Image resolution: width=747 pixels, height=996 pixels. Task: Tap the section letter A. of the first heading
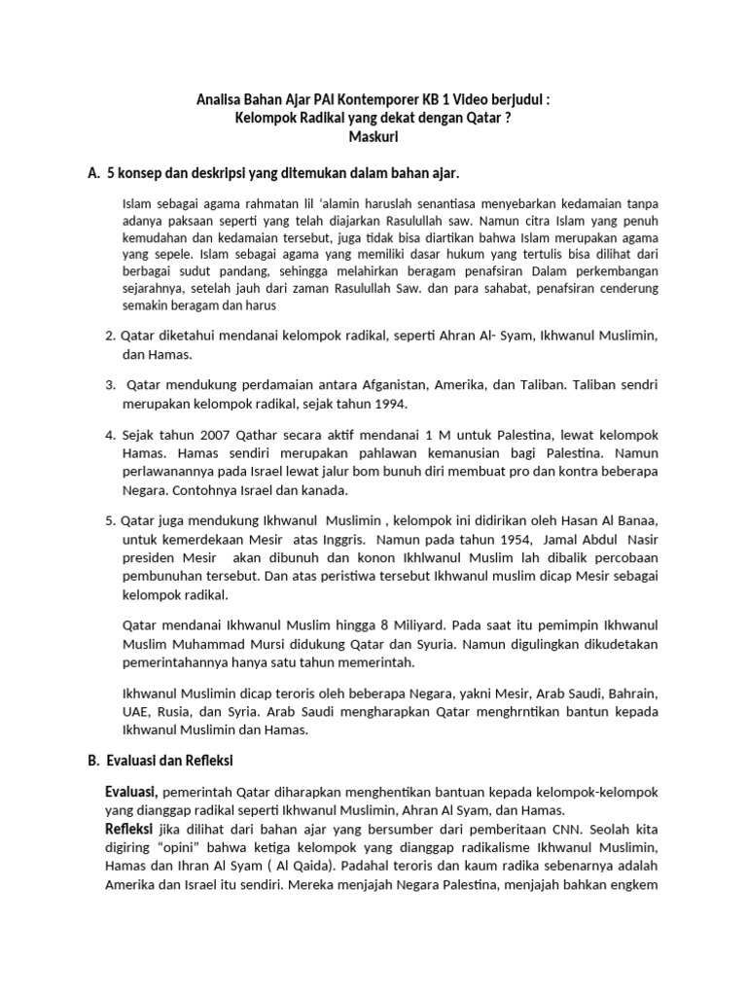coord(93,173)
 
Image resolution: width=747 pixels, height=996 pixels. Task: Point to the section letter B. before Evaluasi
coord(93,760)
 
